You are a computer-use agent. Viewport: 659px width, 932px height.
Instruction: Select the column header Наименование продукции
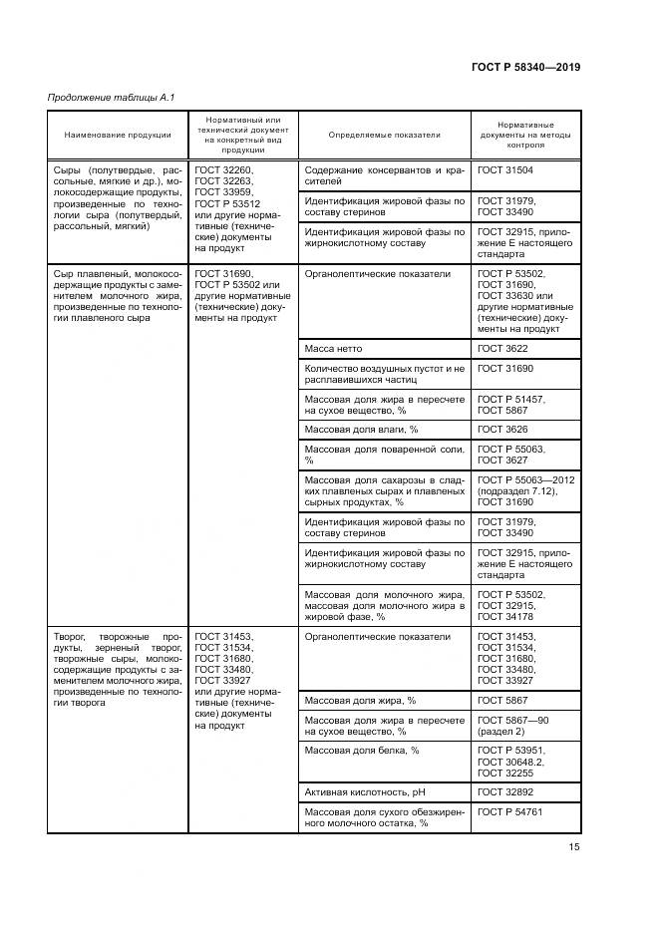118,135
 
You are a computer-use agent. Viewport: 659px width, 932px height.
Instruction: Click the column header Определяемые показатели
384,135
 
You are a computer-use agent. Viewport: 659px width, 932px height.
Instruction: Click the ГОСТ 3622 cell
505,349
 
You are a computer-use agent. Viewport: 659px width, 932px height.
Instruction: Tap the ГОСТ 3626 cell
505,428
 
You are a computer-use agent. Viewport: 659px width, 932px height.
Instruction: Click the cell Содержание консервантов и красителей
384,176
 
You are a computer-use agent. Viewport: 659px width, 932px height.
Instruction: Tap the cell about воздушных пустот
384,374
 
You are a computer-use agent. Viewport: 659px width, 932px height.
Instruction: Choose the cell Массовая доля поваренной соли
384,455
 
